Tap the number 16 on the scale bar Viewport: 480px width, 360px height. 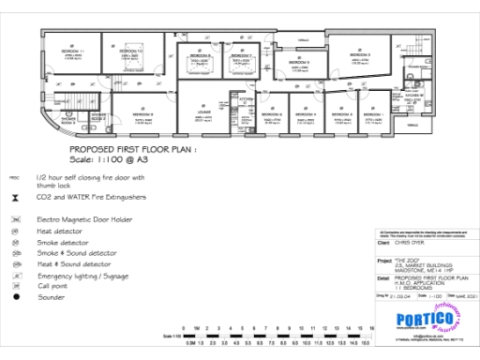click(372, 327)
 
